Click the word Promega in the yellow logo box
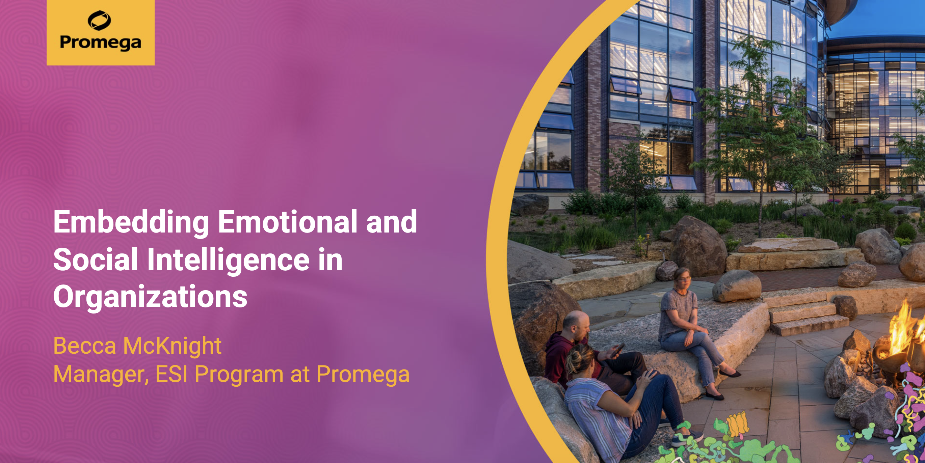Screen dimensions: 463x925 click(101, 43)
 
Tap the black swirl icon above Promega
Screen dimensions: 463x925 click(100, 20)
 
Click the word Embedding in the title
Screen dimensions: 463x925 click(131, 222)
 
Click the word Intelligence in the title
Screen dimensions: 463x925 click(228, 260)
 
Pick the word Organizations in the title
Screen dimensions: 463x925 click(150, 297)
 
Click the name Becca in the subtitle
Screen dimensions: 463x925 click(85, 346)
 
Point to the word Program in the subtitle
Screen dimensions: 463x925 click(239, 374)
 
